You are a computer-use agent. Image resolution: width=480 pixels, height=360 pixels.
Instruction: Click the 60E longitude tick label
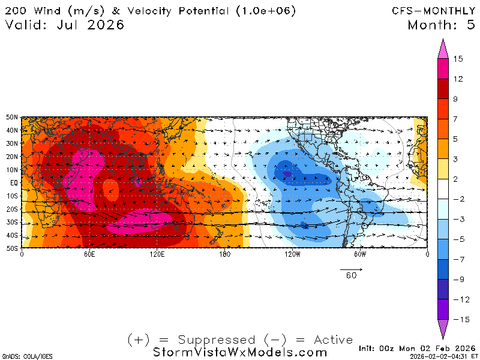(x=89, y=254)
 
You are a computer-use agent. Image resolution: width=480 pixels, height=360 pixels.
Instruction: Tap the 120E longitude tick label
(x=157, y=254)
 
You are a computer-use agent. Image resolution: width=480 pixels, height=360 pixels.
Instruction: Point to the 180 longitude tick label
(x=224, y=254)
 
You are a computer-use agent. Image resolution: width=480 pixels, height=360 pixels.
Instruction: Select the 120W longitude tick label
(x=292, y=254)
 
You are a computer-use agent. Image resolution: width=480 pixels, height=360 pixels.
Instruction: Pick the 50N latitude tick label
(x=11, y=117)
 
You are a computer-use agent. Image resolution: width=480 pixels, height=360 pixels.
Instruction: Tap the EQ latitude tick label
(x=13, y=182)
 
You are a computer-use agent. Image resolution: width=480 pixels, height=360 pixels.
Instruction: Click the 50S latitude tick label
(x=11, y=248)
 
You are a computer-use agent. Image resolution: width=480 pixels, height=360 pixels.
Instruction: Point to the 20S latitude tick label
(x=11, y=209)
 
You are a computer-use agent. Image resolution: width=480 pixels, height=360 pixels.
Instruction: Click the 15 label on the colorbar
(x=458, y=59)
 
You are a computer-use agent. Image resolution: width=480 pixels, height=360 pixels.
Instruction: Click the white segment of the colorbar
(x=444, y=189)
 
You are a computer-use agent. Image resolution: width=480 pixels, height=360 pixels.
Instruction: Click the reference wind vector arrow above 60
(x=350, y=268)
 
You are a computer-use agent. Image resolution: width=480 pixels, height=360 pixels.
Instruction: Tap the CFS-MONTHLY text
(x=426, y=11)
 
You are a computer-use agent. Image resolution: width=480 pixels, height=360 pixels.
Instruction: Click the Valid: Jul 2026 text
(x=65, y=25)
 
